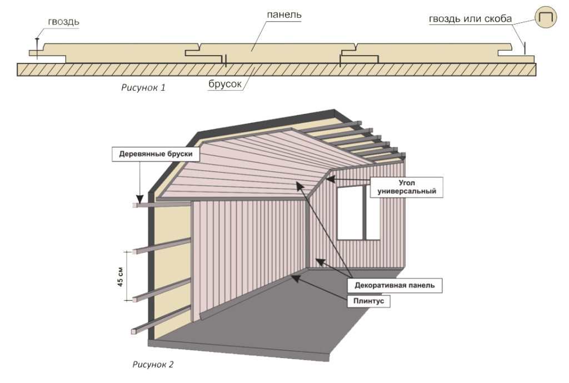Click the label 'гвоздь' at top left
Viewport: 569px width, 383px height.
(x=63, y=22)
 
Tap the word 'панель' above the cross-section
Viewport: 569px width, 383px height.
(x=284, y=15)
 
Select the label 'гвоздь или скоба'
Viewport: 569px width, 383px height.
(x=470, y=19)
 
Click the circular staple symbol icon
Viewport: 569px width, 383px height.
(x=546, y=17)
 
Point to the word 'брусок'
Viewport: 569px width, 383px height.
(x=225, y=84)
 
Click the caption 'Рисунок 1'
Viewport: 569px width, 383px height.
(x=143, y=87)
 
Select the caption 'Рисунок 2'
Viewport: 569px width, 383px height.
(x=153, y=364)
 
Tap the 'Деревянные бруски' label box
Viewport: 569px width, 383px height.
(x=156, y=154)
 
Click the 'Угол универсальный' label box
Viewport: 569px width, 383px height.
(x=406, y=187)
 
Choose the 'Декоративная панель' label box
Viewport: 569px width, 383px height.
(x=395, y=285)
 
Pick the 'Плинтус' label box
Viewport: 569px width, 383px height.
(x=368, y=301)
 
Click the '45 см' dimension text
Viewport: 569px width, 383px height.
(x=121, y=277)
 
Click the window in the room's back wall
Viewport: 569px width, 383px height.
(x=358, y=212)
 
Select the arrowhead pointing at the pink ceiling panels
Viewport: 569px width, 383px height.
(x=300, y=186)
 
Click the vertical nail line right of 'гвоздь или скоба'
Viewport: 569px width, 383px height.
(x=525, y=48)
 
